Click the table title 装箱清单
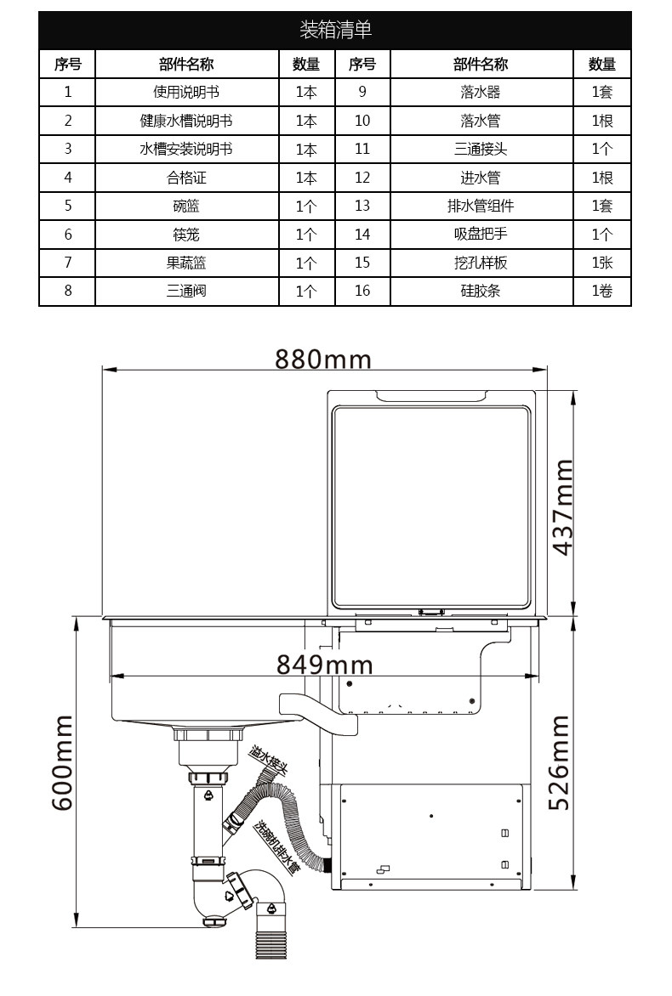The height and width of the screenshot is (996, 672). [x=335, y=30]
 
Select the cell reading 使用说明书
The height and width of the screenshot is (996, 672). [x=186, y=92]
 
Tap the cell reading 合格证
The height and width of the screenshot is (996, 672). [x=186, y=178]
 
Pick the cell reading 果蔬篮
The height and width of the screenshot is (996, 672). [x=186, y=263]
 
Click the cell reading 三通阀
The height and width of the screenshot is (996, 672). [x=186, y=291]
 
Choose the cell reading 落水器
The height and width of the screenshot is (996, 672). [x=481, y=92]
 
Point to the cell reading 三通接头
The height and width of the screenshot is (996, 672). [x=481, y=150]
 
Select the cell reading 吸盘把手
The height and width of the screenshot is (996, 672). [x=481, y=235]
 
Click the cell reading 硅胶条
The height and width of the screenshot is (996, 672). [x=481, y=291]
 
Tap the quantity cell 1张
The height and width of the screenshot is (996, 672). [x=602, y=263]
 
